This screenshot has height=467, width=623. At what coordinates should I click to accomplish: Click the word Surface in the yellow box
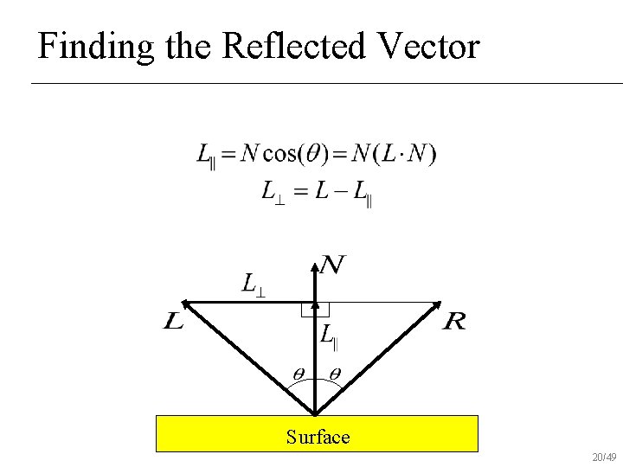pyautogui.click(x=318, y=437)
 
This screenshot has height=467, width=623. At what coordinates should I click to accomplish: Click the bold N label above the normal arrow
pyautogui.click(x=333, y=265)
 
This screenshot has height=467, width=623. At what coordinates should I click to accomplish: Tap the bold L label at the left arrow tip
pyautogui.click(x=173, y=323)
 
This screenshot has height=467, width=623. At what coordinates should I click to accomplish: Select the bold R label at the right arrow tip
pyautogui.click(x=454, y=323)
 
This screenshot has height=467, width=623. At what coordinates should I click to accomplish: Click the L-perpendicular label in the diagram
pyautogui.click(x=253, y=284)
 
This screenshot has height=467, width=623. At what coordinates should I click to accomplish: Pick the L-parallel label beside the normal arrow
pyautogui.click(x=329, y=336)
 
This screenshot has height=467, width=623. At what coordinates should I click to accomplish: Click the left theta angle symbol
pyautogui.click(x=297, y=374)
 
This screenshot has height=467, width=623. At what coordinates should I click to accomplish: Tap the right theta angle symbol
pyautogui.click(x=335, y=374)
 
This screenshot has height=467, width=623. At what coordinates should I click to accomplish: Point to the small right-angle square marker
pyautogui.click(x=309, y=310)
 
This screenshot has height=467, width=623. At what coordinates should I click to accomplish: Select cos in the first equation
pyautogui.click(x=279, y=155)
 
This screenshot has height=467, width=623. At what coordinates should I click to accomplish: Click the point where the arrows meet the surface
pyautogui.click(x=315, y=414)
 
